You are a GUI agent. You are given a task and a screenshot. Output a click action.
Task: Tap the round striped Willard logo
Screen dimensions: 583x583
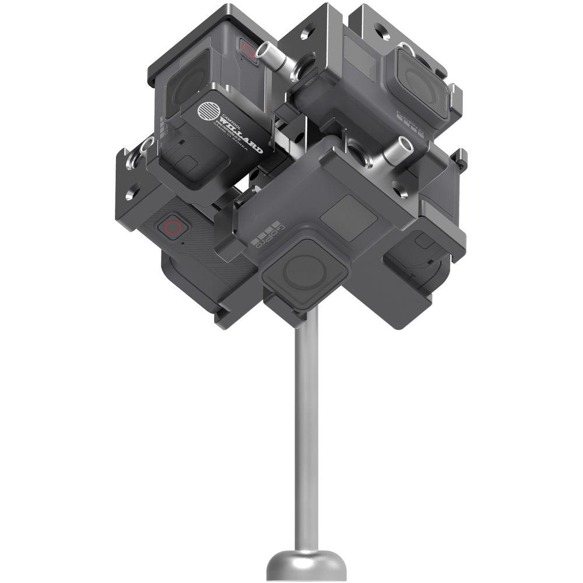click(208, 112)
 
